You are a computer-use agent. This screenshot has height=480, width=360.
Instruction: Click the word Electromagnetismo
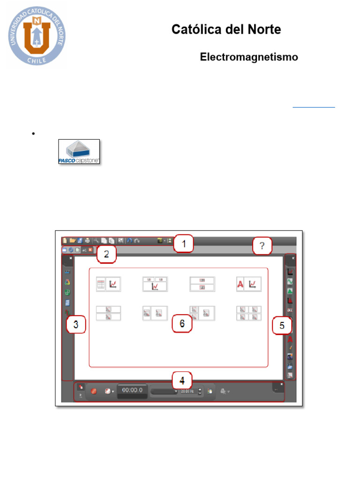[249, 57]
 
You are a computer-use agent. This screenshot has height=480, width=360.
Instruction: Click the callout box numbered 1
[184, 243]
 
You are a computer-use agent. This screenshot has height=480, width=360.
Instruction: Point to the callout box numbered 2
[106, 255]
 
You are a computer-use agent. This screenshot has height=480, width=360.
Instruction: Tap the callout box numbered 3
[76, 324]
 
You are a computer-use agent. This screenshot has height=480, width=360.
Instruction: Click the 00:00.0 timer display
[133, 390]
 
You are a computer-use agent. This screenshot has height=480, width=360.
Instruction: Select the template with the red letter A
[248, 284]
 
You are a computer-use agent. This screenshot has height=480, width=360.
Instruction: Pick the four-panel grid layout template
[249, 313]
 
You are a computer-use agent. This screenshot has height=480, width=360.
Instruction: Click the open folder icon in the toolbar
[73, 240]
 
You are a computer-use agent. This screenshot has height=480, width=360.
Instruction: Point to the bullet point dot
[33, 134]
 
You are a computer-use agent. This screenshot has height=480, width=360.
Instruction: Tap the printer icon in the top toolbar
[87, 240]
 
